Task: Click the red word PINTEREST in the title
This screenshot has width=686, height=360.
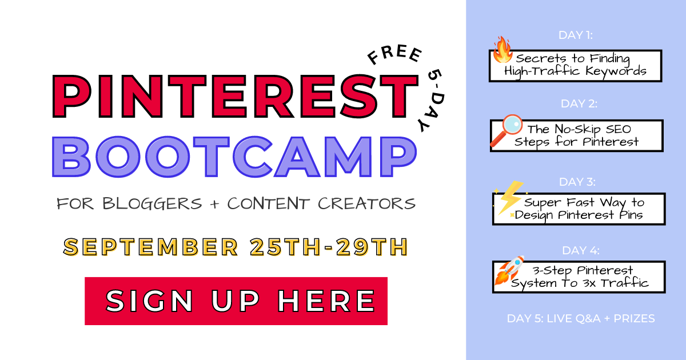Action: click(x=235, y=96)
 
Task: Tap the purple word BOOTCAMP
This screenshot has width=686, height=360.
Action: click(x=234, y=157)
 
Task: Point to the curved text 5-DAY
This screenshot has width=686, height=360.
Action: click(x=432, y=101)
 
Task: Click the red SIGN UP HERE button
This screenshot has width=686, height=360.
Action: click(x=236, y=301)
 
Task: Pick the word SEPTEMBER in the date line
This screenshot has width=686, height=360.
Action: click(x=151, y=247)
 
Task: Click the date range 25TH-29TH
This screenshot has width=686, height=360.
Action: click(x=329, y=247)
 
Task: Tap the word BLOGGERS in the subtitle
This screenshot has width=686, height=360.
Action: click(x=152, y=204)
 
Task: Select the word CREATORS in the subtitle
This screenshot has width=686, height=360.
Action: click(x=366, y=204)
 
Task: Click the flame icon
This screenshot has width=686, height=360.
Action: click(x=502, y=50)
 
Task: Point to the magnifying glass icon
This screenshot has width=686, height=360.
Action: click(x=506, y=130)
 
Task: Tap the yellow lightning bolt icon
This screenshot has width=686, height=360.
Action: click(x=510, y=198)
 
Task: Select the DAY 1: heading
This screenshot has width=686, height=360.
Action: click(x=576, y=35)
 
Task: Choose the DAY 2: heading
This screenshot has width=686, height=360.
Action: click(x=579, y=104)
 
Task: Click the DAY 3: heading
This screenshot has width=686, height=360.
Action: click(x=577, y=182)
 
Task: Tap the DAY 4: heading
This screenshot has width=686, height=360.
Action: click(x=581, y=251)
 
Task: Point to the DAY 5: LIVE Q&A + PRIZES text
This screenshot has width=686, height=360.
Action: click(x=581, y=319)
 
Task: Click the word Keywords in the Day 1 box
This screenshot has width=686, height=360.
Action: click(x=616, y=71)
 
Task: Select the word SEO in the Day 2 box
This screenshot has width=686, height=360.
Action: click(x=619, y=129)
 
